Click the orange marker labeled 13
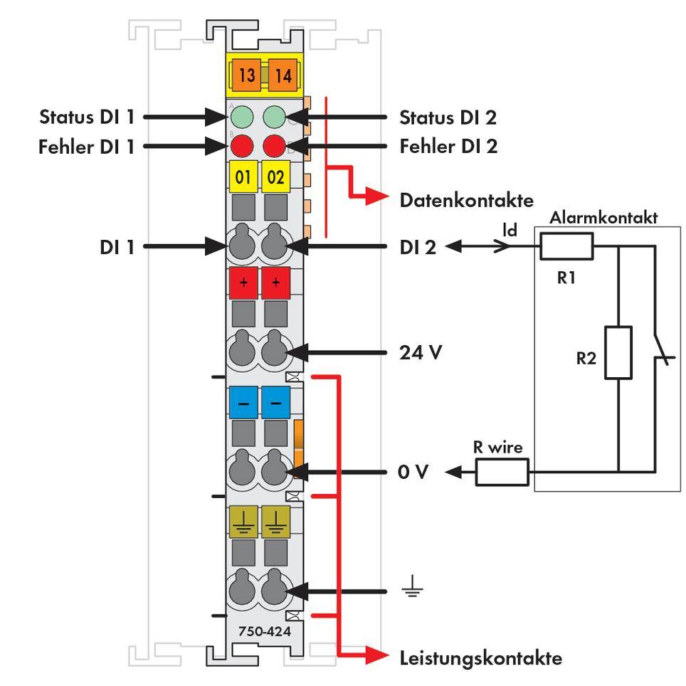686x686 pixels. (247, 75)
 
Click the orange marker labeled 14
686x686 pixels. (283, 75)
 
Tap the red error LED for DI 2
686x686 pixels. (275, 147)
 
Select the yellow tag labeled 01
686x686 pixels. (243, 177)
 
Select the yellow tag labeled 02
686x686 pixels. (275, 177)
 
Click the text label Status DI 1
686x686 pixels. (85, 116)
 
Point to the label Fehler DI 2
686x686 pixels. (448, 147)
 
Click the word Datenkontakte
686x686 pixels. (466, 201)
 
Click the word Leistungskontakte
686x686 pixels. (480, 658)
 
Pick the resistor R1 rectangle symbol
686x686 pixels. (566, 247)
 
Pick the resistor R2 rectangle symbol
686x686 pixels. (618, 352)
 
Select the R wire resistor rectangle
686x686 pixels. (502, 472)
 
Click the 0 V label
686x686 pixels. (413, 472)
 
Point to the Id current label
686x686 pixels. (510, 230)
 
